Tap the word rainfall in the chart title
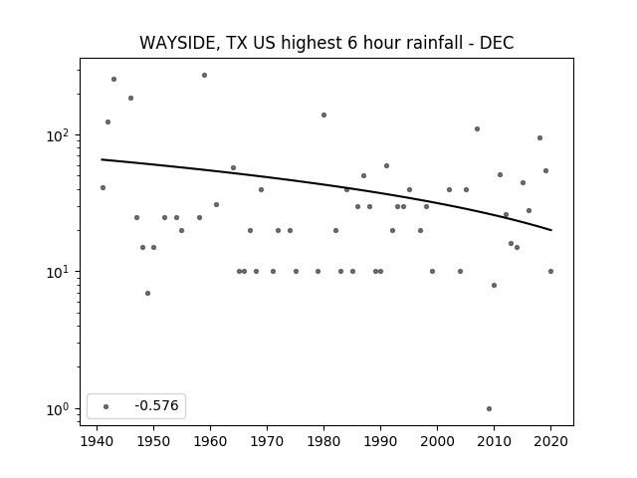(x=438, y=43)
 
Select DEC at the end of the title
(x=497, y=43)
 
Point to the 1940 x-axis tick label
(x=97, y=441)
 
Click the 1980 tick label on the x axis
(x=323, y=441)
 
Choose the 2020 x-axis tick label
(x=550, y=441)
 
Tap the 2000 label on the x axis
(x=437, y=441)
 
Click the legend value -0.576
(x=156, y=405)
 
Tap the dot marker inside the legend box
(x=106, y=406)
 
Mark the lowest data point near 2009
(x=489, y=409)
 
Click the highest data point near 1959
(x=204, y=76)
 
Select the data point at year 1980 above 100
(x=323, y=116)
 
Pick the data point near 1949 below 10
(x=148, y=293)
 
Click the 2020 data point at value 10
(x=550, y=272)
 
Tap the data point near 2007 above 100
(x=478, y=128)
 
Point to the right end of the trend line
(x=551, y=230)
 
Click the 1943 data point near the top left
(x=113, y=80)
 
